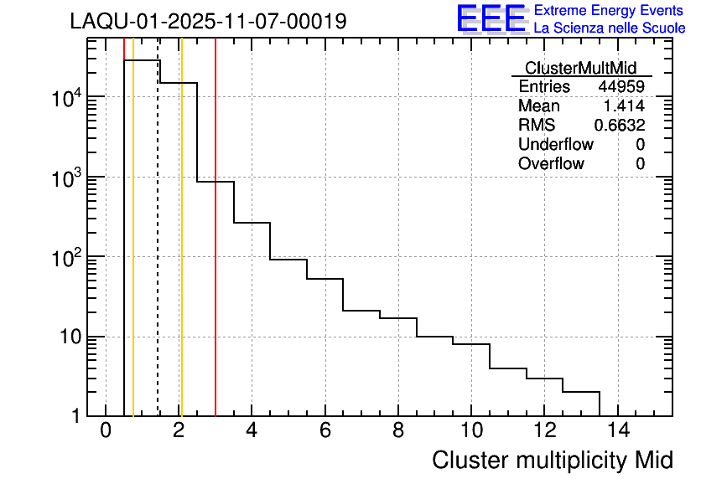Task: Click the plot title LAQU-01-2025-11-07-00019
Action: click(208, 22)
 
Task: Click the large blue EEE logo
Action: click(491, 18)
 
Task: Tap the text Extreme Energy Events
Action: click(610, 11)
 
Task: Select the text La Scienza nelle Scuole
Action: click(610, 28)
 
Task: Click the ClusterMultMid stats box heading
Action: click(580, 68)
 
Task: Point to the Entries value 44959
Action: click(621, 87)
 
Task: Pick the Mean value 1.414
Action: click(624, 106)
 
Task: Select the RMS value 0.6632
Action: click(620, 126)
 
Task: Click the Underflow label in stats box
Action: click(555, 145)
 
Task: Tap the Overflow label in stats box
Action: click(551, 164)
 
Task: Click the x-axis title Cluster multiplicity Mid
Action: click(552, 460)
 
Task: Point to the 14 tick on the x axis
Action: click(617, 430)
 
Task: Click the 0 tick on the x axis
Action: click(106, 430)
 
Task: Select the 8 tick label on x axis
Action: click(398, 430)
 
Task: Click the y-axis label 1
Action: click(74, 416)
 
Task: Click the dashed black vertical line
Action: click(158, 251)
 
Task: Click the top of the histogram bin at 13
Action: click(581, 391)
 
